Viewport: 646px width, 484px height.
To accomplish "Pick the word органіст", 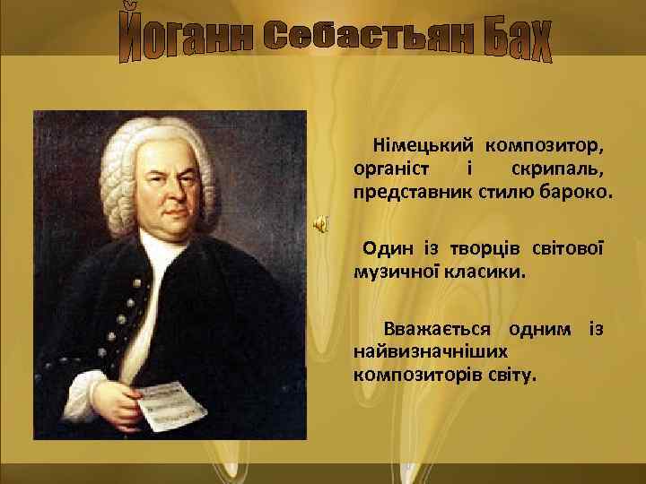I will [390, 169].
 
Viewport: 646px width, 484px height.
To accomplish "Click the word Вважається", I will [441, 328].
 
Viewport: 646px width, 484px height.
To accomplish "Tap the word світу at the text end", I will [512, 374].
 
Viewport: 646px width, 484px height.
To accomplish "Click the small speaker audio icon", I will [319, 224].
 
